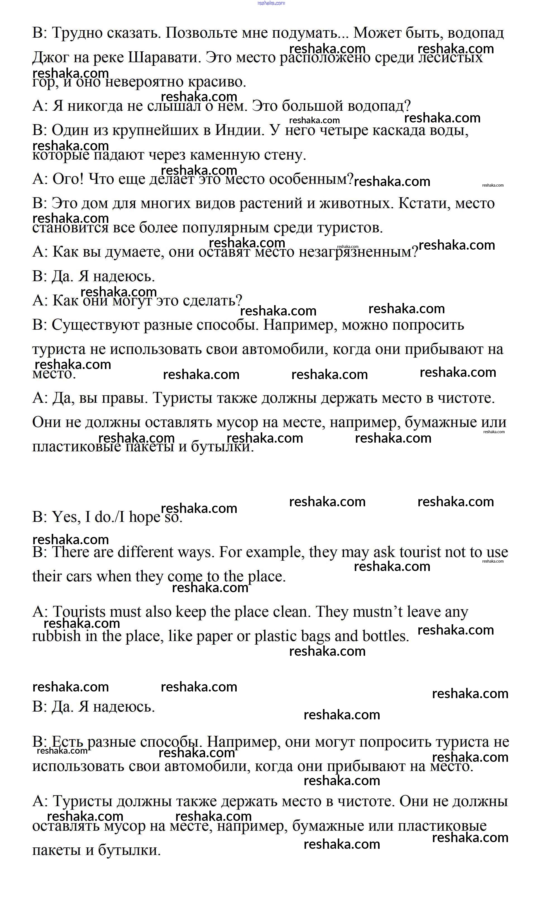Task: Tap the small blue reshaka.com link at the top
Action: (x=271, y=3)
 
